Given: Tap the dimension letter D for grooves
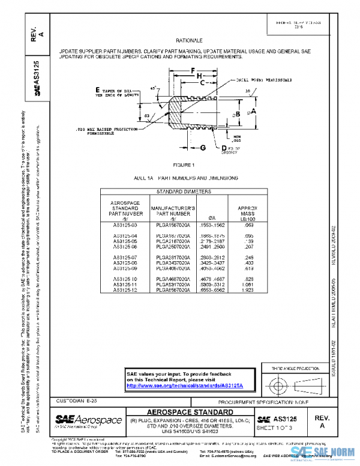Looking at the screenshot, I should (x=224, y=147).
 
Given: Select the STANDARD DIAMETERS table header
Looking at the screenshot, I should (x=184, y=192).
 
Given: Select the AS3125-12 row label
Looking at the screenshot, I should (x=125, y=290).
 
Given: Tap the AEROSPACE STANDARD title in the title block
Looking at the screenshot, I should (x=190, y=412).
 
